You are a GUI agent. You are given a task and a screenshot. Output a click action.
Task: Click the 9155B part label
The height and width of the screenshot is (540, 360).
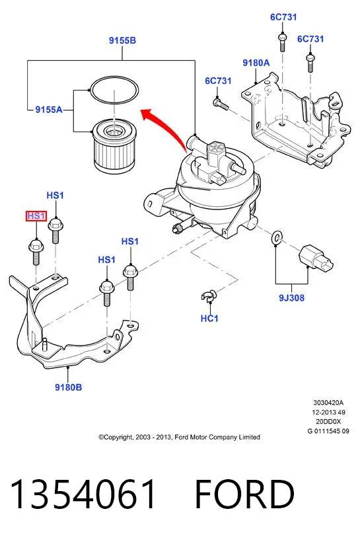coord(122,40)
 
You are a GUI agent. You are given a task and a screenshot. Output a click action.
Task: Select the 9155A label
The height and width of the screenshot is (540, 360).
coord(49,110)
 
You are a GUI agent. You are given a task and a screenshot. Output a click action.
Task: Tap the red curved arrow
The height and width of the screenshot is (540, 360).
coord(164,128)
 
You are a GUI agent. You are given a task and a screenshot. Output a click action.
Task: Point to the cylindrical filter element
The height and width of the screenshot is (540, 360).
coord(114,146)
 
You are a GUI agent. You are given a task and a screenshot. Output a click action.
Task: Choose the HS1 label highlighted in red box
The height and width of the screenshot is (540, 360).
coord(36,216)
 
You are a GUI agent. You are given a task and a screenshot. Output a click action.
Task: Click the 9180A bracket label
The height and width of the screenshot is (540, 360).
coord(256,63)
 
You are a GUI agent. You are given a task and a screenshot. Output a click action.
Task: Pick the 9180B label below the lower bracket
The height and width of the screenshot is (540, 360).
coord(69,387)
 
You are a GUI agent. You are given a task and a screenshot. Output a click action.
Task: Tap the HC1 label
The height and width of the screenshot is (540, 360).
coord(209,319)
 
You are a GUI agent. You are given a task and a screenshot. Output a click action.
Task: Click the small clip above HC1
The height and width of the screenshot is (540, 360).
coord(209,296)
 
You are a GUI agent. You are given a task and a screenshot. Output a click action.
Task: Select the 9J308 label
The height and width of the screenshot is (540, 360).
coord(291,297)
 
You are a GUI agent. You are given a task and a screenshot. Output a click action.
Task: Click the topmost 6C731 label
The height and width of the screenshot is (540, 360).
coord(283,17)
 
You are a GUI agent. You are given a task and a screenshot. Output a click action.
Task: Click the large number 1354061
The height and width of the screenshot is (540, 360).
coord(83,494)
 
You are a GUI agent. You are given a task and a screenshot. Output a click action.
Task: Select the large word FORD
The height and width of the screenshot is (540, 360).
coord(244,494)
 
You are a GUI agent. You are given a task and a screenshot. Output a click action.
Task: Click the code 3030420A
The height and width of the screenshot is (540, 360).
coord(328,403)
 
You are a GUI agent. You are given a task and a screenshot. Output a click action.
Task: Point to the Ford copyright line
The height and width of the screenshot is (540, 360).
coord(179,438)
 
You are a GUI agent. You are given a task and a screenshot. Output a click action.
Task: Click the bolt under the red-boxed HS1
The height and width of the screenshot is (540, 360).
coord(36,252)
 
